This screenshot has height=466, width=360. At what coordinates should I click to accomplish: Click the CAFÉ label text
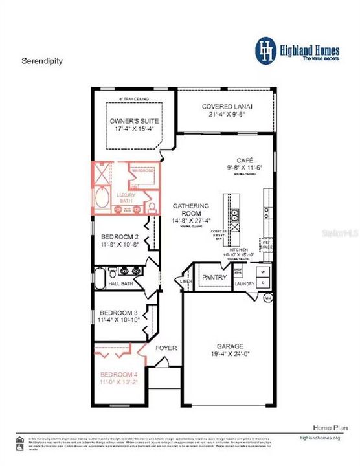click(245, 159)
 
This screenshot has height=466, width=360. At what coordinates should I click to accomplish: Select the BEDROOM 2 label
click(120, 237)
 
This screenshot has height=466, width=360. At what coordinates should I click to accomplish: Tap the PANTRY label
click(214, 278)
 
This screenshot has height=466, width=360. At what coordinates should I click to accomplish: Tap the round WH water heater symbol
click(268, 298)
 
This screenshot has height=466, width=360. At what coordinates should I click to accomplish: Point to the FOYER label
click(166, 348)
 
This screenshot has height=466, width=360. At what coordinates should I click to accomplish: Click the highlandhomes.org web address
click(322, 437)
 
